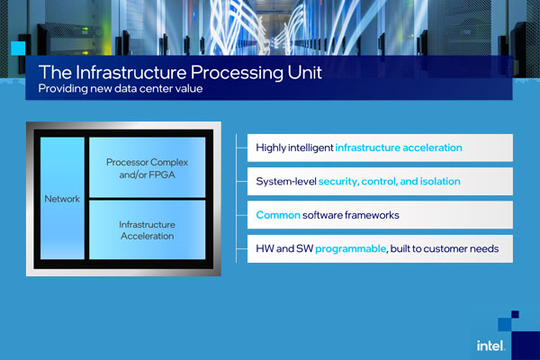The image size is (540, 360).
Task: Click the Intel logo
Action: (x=491, y=346)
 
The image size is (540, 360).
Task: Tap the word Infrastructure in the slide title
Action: (x=130, y=72)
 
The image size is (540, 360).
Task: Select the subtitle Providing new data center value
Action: (x=121, y=88)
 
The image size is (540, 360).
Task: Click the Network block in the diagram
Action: (x=62, y=198)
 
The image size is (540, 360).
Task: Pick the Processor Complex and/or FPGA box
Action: (x=147, y=167)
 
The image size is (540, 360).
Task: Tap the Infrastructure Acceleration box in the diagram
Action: (x=147, y=229)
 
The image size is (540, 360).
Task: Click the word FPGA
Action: (x=162, y=175)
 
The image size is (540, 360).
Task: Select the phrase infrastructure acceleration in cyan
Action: (x=399, y=148)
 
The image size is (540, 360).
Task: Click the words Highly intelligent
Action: (x=294, y=148)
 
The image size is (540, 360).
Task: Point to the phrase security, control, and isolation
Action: (x=389, y=181)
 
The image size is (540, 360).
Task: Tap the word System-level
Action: (x=286, y=181)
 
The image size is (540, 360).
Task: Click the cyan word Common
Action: (x=278, y=215)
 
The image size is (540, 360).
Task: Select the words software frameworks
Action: (x=351, y=215)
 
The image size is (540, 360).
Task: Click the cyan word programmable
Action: (x=351, y=248)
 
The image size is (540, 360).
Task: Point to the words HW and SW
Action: (x=284, y=248)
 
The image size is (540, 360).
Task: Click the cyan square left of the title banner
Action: (x=18, y=49)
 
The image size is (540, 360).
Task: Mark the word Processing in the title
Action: (x=237, y=73)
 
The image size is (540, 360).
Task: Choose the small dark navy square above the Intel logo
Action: (x=515, y=314)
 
